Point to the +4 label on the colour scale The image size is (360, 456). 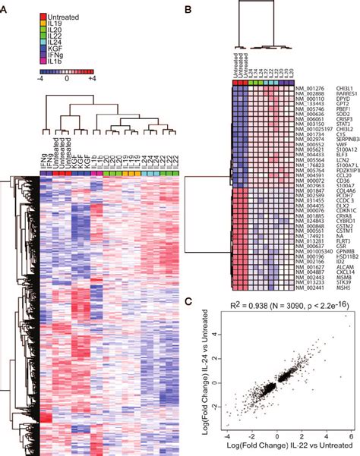click(x=90, y=77)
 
